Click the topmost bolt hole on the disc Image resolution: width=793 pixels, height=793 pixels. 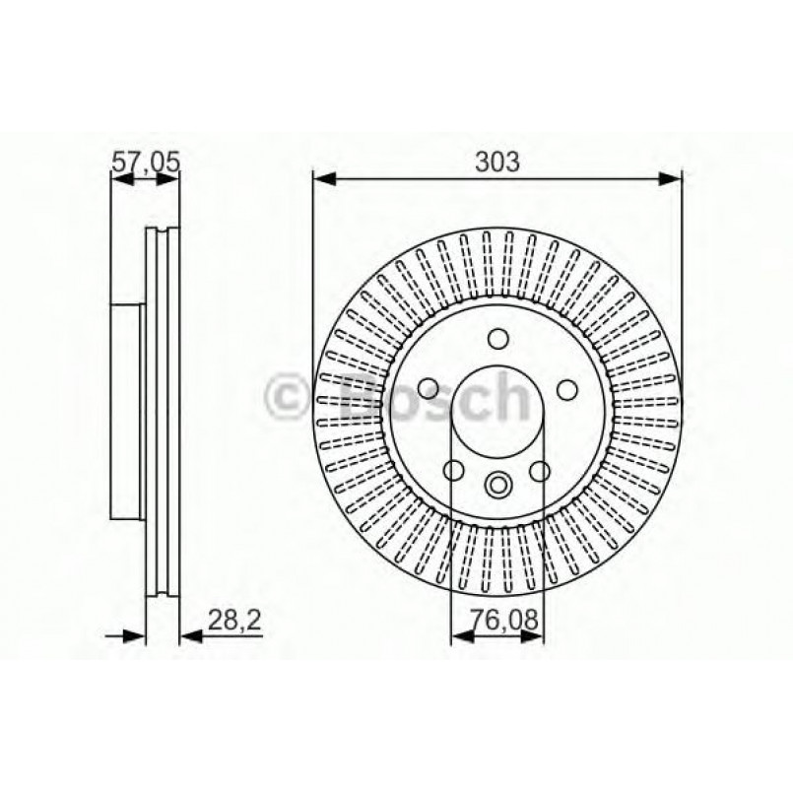pyautogui.click(x=497, y=341)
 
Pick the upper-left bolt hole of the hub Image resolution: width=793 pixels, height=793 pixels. pyautogui.click(x=429, y=388)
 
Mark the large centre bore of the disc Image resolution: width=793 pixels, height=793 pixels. pyautogui.click(x=497, y=414)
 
